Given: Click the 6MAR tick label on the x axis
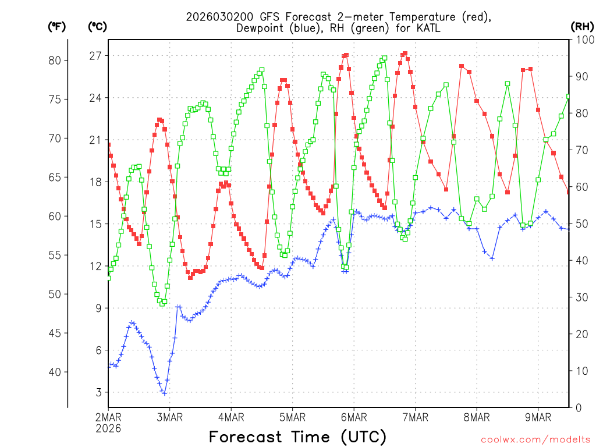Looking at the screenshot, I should (354, 417).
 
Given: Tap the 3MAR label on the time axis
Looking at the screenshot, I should (169, 417).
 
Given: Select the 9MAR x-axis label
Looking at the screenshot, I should (538, 417).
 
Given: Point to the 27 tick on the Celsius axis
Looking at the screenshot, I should (95, 56).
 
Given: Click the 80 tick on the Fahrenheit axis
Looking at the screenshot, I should (58, 61).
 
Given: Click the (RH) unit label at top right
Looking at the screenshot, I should (582, 26).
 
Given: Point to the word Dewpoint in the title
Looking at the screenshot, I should (261, 28).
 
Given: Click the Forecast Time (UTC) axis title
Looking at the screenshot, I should (297, 437).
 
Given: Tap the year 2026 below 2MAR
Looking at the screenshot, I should (108, 428).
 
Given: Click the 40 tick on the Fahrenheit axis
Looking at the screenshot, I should (58, 372).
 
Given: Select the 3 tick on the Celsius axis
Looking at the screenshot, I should (98, 392).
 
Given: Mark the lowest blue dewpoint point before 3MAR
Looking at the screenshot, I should (165, 393).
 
